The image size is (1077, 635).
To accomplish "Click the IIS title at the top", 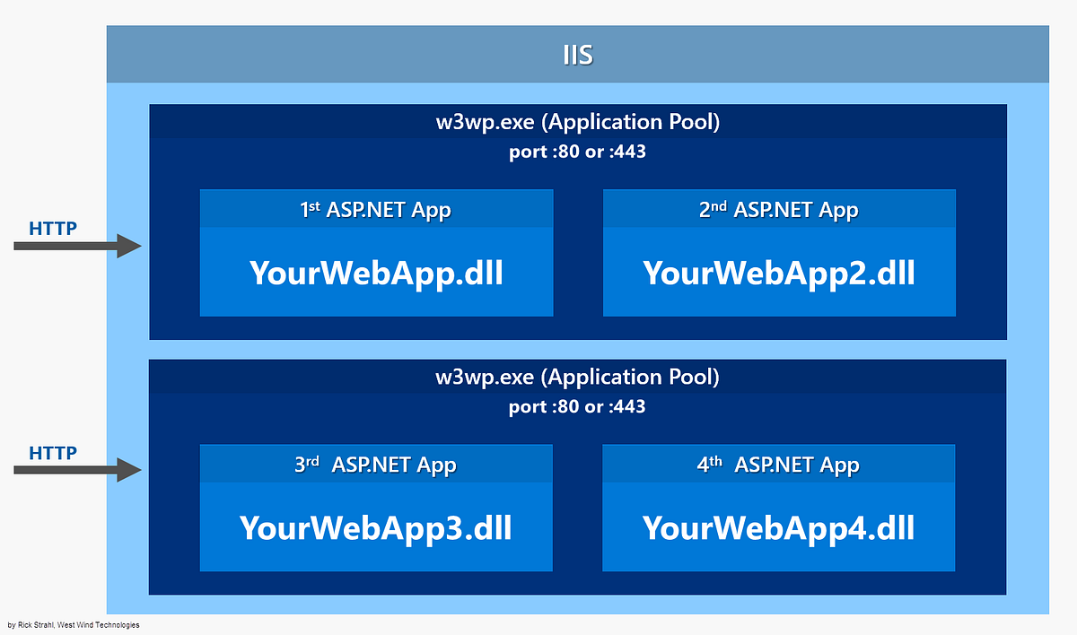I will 577,55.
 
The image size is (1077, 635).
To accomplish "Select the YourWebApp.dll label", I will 376,273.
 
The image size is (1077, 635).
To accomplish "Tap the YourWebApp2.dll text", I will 778,273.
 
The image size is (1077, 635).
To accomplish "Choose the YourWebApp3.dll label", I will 376,527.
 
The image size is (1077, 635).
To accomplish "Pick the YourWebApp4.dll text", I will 778,527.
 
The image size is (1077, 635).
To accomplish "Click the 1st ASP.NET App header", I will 376,210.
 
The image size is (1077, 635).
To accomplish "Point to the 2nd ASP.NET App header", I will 778,210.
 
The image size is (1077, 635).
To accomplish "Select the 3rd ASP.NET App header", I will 376,465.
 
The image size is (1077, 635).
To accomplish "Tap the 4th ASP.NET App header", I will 778,465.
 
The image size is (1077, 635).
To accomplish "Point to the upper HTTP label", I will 53,228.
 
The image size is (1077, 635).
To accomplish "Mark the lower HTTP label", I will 53,452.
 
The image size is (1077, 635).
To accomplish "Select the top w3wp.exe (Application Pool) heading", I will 577,122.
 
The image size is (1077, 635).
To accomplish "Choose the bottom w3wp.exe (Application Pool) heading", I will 577,377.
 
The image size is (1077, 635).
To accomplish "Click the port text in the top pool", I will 577,152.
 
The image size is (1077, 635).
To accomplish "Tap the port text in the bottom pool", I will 577,406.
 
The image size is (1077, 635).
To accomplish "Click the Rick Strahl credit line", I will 73,625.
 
